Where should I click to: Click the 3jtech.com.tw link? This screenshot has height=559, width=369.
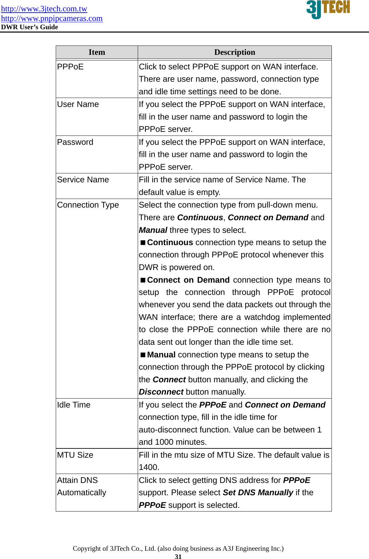click(x=44, y=9)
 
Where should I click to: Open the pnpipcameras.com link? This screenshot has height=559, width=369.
click(x=52, y=18)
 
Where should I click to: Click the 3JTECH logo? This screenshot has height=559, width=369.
click(x=328, y=9)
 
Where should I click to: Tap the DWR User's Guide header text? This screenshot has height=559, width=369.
click(x=30, y=27)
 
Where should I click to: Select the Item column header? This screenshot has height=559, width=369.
click(x=97, y=52)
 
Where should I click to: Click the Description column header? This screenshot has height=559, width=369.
click(x=235, y=52)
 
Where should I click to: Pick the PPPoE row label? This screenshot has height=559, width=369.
click(x=70, y=67)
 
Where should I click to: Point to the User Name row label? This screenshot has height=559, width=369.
click(x=78, y=104)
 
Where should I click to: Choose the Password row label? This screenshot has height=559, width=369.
click(x=75, y=142)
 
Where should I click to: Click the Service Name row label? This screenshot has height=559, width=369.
click(x=83, y=180)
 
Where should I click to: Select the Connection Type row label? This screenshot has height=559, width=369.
click(x=88, y=205)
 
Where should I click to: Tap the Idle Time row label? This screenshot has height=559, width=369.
click(x=74, y=405)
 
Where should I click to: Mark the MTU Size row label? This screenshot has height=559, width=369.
click(x=75, y=455)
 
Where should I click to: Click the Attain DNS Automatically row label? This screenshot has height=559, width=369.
click(x=82, y=486)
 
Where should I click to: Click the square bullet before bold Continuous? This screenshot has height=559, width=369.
click(x=143, y=242)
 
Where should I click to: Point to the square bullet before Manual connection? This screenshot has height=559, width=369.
click(x=143, y=355)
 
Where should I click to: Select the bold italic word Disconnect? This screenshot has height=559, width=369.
click(x=161, y=392)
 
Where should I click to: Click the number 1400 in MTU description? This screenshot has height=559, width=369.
click(x=149, y=467)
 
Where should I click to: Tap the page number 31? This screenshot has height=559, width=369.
click(x=178, y=557)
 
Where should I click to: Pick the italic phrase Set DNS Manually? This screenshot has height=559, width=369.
click(x=258, y=493)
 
